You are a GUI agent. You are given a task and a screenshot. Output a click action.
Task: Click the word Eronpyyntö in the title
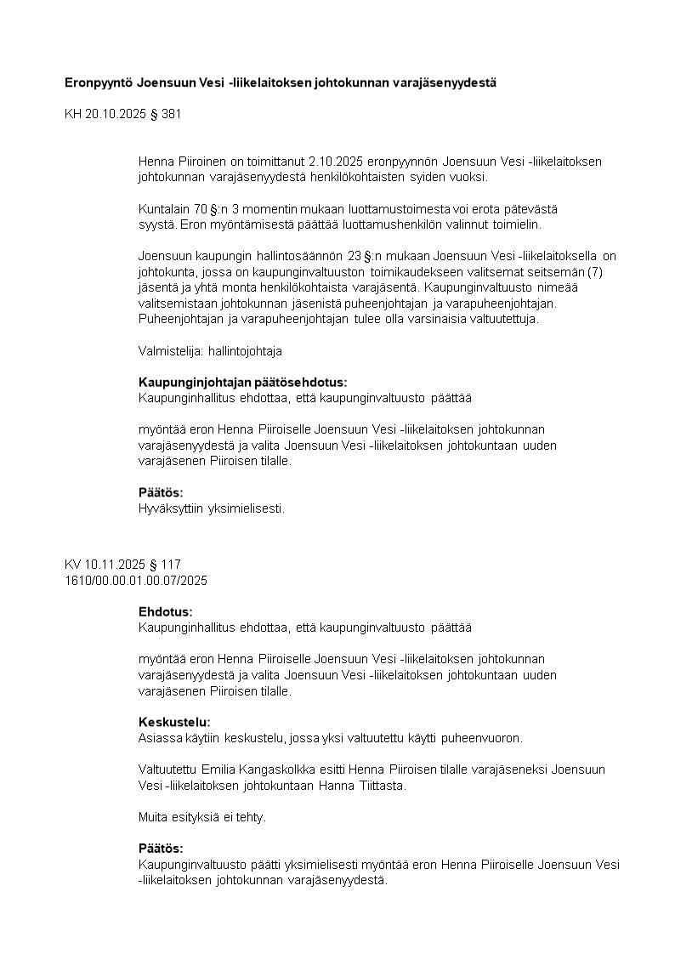coord(99,82)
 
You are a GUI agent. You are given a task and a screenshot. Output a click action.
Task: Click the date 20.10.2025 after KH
coord(114,113)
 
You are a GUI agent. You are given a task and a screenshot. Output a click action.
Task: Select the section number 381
coord(171,113)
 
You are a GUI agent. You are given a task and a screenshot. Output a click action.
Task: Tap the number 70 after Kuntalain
coord(201,208)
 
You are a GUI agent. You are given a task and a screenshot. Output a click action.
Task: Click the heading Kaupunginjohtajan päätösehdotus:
coord(242,382)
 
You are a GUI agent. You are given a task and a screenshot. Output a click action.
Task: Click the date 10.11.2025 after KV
coord(113,565)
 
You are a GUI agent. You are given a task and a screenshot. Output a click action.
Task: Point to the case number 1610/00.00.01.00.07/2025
coord(136,580)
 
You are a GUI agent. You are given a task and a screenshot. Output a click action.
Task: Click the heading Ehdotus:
coord(165,611)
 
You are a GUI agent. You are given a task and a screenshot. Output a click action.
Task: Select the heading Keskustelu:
coord(174,722)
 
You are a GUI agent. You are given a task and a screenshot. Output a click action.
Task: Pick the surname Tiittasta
coord(379,786)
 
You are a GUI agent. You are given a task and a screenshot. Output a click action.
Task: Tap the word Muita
coord(154,817)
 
